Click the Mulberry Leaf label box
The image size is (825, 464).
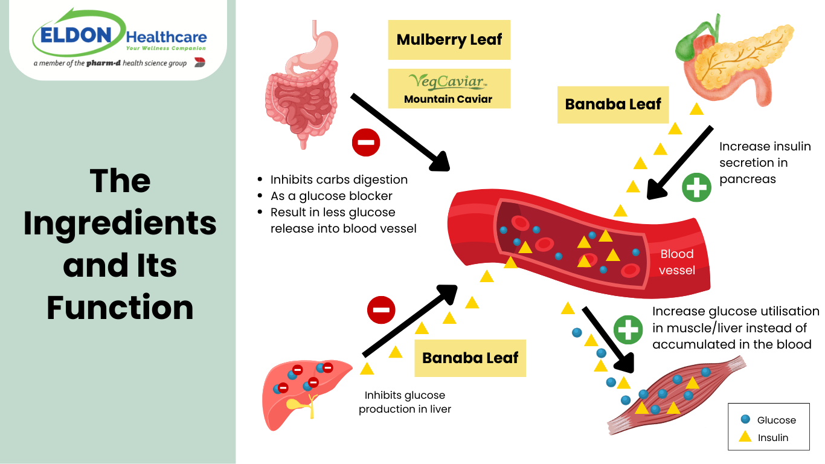(449, 40)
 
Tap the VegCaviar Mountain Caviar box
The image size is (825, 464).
(449, 89)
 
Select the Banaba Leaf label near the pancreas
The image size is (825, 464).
(613, 105)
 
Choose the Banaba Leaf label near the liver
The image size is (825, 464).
(470, 358)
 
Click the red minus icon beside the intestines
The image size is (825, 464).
(366, 143)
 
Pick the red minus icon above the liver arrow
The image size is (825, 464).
(381, 311)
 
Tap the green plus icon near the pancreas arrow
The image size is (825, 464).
(697, 187)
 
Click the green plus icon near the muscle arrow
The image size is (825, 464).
(628, 330)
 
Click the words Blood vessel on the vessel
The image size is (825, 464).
(676, 262)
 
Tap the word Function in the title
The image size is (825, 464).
(120, 308)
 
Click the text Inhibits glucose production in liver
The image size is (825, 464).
(405, 402)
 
